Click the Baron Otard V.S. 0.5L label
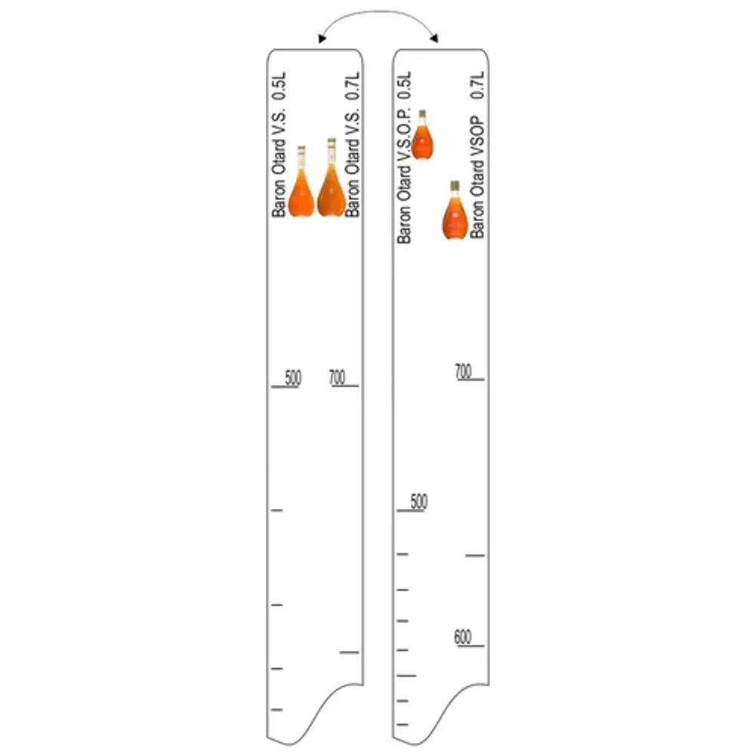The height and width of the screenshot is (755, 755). click(x=279, y=144)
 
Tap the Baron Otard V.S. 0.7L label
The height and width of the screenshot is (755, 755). click(x=353, y=144)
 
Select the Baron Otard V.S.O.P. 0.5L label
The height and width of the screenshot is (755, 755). click(x=405, y=157)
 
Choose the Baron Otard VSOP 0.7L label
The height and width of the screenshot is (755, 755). click(x=477, y=155)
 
